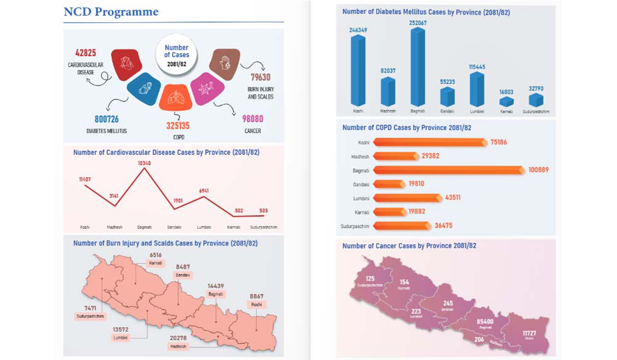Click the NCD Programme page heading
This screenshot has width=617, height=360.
[x=111, y=12]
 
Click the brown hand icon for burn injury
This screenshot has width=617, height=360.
[x=225, y=63]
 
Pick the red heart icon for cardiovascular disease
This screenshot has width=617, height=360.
[x=126, y=64]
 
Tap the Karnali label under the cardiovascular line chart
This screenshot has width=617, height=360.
[x=234, y=227]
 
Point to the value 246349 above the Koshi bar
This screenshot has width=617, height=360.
[x=358, y=30]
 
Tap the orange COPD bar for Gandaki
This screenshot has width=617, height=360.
[x=388, y=184]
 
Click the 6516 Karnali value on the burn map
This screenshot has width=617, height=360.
[x=155, y=255]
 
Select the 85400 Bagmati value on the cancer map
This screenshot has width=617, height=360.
[x=485, y=321]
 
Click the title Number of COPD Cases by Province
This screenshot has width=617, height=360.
[x=407, y=128]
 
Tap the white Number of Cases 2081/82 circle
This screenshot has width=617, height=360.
[x=176, y=55]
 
